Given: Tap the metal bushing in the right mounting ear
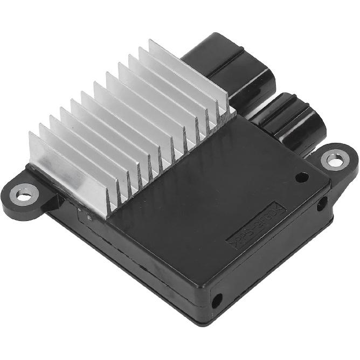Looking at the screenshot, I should [333, 160].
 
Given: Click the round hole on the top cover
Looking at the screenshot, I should [302, 177].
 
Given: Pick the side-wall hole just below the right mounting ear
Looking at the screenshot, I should [322, 204].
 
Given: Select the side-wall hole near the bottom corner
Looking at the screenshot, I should [218, 300].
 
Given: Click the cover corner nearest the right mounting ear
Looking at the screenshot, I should [329, 181].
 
